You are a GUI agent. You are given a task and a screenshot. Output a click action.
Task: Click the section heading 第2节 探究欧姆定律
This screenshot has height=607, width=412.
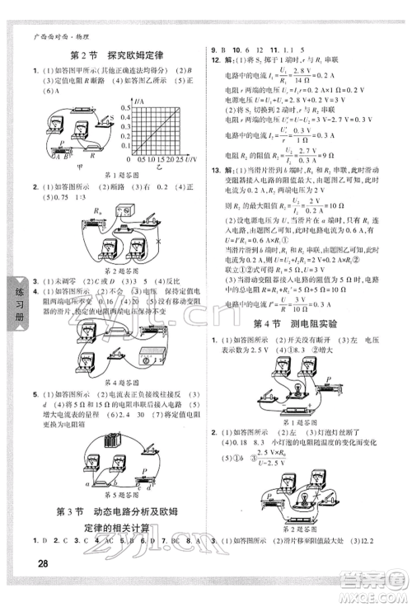110,55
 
